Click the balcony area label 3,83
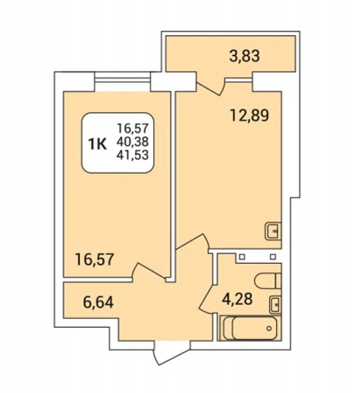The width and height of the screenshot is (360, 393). click(x=244, y=56)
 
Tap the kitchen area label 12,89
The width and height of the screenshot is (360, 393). click(x=249, y=115)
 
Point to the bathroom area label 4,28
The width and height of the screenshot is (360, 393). click(x=237, y=299)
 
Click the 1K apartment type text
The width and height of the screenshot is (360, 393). click(x=97, y=144)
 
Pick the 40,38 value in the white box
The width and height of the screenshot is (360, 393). click(x=132, y=142)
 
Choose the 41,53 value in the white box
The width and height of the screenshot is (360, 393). click(x=132, y=155)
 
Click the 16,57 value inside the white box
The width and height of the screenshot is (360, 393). click(x=132, y=129)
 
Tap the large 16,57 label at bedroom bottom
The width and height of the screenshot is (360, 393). click(x=95, y=259)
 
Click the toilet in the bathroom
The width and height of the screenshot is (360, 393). click(x=268, y=281)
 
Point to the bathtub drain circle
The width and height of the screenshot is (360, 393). click(x=269, y=328)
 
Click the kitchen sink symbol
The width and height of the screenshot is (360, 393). click(x=273, y=231)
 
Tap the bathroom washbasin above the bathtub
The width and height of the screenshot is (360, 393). click(x=275, y=305)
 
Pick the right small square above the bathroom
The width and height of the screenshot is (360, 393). click(x=273, y=257)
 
